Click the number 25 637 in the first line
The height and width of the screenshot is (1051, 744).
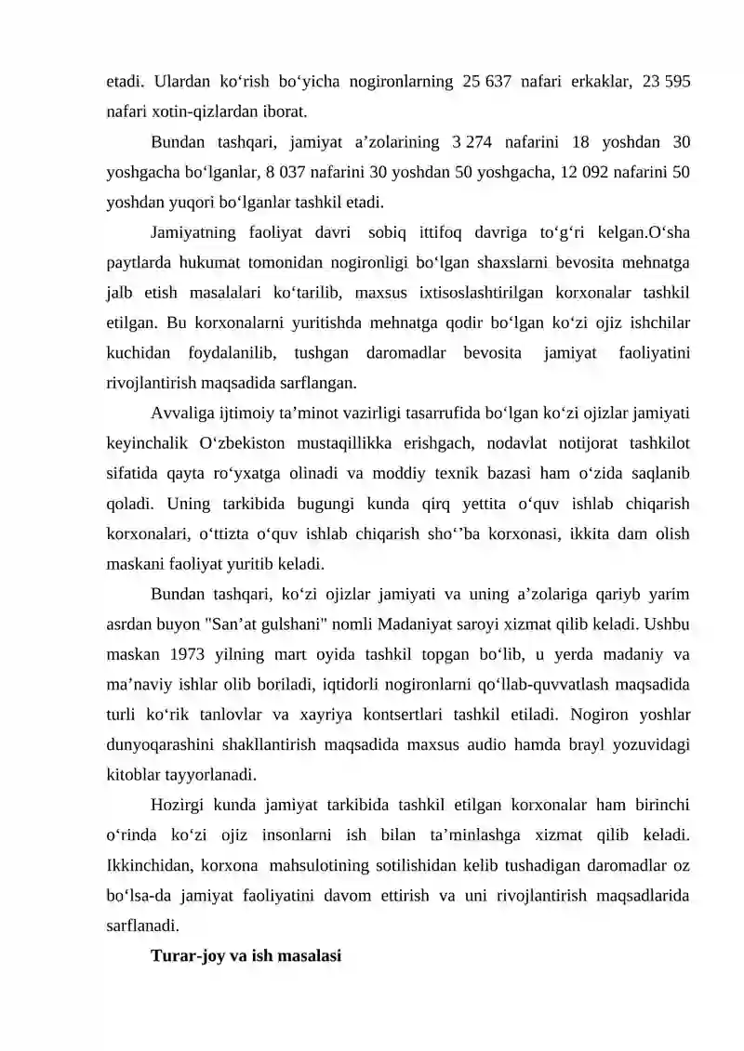coord(486,82)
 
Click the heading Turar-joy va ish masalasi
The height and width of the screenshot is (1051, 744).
coord(246,954)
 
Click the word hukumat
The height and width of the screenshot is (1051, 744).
coord(188,262)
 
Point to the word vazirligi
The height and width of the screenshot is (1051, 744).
coord(360,413)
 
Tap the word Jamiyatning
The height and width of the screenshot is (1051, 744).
coord(193,232)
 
